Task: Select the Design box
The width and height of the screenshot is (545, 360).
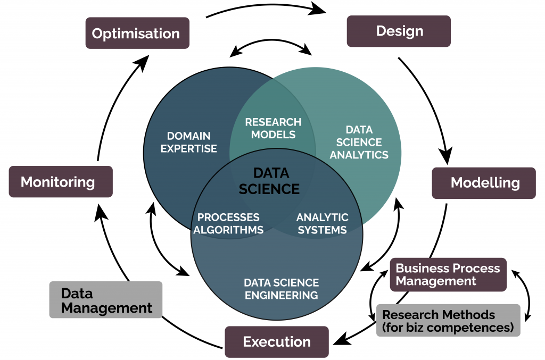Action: point(399,31)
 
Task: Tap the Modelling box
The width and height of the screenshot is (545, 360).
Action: point(483,183)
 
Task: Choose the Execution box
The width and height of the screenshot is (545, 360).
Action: point(277,341)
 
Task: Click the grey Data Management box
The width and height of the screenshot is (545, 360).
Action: point(106,300)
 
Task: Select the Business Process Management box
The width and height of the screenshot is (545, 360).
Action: point(448,274)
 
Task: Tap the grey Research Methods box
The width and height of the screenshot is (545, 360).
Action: point(448,320)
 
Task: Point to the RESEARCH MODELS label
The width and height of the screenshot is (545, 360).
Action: point(273,128)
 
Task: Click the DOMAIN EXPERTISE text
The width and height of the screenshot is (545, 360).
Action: point(189,142)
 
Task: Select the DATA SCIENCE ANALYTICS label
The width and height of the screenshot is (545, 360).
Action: point(359,143)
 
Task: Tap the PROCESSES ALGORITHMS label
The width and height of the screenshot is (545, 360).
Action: point(228,223)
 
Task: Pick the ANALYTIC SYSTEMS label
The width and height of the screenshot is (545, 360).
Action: point(322,223)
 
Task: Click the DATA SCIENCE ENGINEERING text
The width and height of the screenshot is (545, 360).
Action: point(281,288)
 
